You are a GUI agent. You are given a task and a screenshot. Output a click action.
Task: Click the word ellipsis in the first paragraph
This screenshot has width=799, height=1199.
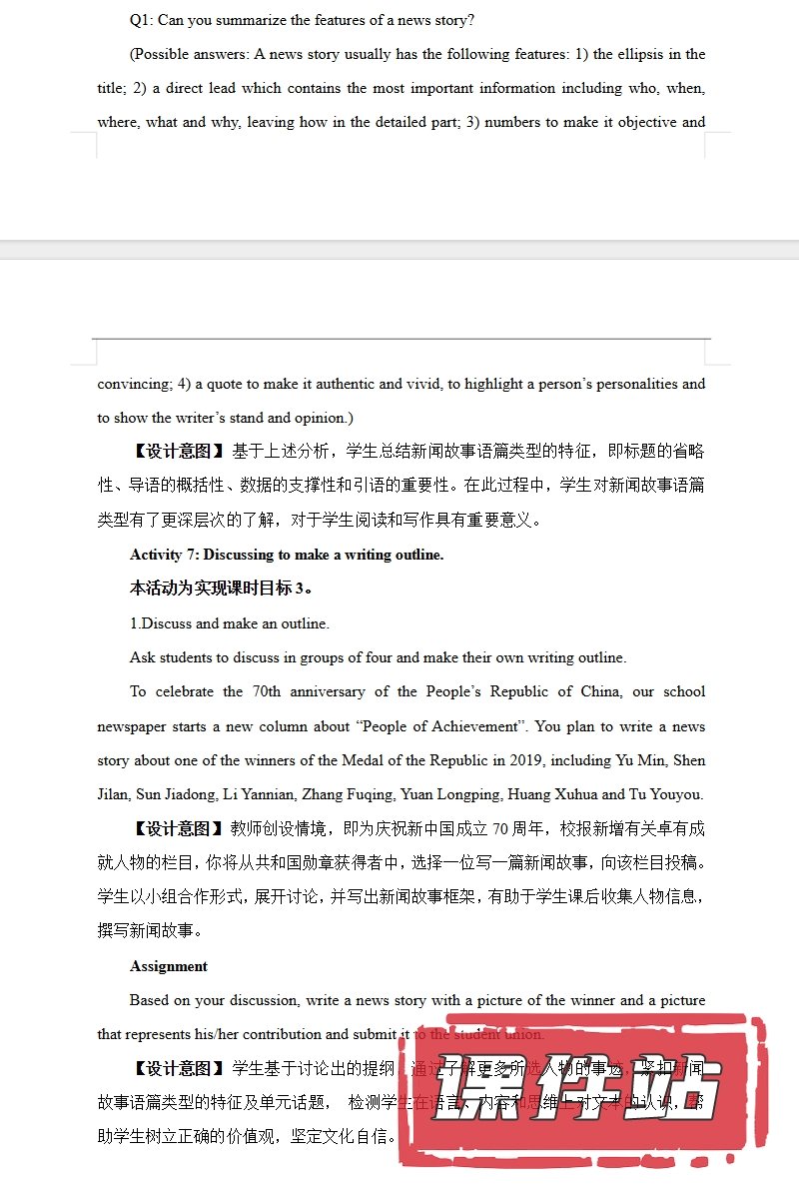pyautogui.click(x=648, y=54)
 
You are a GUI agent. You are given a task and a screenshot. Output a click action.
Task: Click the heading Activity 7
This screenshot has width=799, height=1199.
pyautogui.click(x=164, y=555)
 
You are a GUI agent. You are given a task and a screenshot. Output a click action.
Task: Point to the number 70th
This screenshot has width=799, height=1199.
pyautogui.click(x=266, y=691)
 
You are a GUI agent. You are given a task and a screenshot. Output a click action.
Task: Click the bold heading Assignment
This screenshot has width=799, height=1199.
pyautogui.click(x=169, y=966)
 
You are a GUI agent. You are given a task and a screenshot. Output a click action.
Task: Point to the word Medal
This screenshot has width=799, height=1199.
pyautogui.click(x=363, y=760)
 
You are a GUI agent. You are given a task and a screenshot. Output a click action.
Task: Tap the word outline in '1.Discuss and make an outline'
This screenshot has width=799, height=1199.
pyautogui.click(x=306, y=623)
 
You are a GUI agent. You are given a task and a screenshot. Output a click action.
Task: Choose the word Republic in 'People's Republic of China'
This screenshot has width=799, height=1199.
pyautogui.click(x=520, y=691)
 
